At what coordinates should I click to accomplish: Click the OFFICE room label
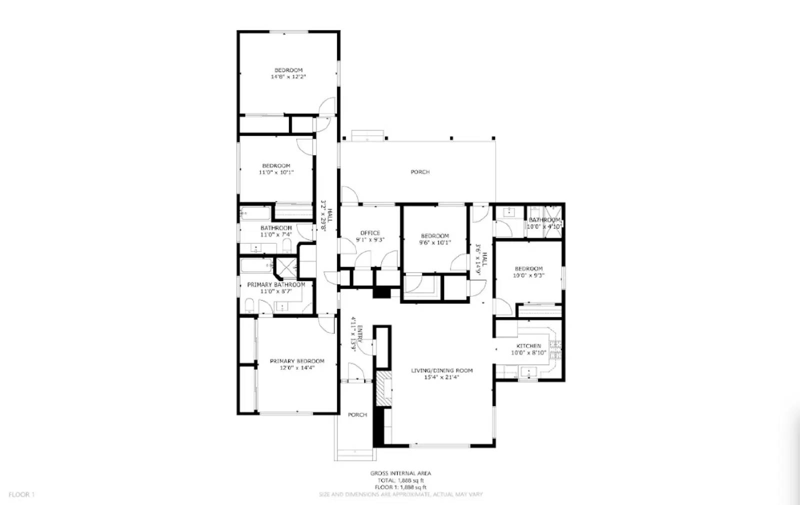(x=370, y=233)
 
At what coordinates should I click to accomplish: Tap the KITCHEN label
(x=528, y=346)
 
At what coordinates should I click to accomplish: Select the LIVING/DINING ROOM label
(x=441, y=371)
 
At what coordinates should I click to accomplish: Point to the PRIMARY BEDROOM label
(x=297, y=361)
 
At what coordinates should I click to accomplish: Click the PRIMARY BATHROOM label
(x=276, y=285)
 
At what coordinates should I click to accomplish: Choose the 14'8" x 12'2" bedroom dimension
(x=288, y=77)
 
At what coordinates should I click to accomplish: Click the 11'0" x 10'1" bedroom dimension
(x=276, y=172)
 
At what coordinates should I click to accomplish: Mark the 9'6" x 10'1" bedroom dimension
(x=434, y=243)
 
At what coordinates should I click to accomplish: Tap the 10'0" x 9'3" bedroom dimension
(x=528, y=275)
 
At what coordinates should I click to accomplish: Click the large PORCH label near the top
(x=420, y=172)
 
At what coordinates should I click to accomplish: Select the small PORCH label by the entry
(x=357, y=415)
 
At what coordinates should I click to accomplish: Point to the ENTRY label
(x=360, y=334)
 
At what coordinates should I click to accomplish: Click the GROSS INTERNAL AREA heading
(x=400, y=473)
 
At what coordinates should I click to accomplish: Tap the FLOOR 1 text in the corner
(x=21, y=495)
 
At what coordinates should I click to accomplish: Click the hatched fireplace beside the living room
(x=383, y=388)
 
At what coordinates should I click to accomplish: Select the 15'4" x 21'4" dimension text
(x=441, y=378)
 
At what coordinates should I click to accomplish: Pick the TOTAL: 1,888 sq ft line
(x=400, y=480)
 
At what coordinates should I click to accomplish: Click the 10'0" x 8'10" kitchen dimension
(x=528, y=353)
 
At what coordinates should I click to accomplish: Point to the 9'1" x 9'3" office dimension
(x=370, y=240)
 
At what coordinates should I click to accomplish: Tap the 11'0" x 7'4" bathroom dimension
(x=276, y=234)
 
